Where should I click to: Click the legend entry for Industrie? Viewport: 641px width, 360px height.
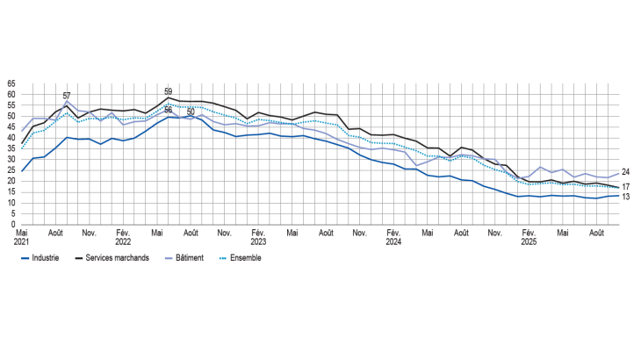point(41,258)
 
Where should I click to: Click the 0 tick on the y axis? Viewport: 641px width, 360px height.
point(13,224)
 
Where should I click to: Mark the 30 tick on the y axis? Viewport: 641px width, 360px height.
point(11,160)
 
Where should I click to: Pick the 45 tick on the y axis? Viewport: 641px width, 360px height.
point(11,127)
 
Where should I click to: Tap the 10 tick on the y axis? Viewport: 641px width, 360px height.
point(11,203)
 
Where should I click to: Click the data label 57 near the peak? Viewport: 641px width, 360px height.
point(67,96)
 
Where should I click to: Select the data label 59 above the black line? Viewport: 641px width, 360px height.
point(168,90)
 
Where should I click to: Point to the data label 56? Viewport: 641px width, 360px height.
point(168,110)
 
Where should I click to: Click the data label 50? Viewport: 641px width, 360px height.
point(191,112)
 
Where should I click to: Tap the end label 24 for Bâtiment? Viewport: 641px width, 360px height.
point(625,172)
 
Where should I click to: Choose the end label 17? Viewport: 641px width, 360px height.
point(625,187)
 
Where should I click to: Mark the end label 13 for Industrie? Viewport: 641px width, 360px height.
point(625,197)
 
